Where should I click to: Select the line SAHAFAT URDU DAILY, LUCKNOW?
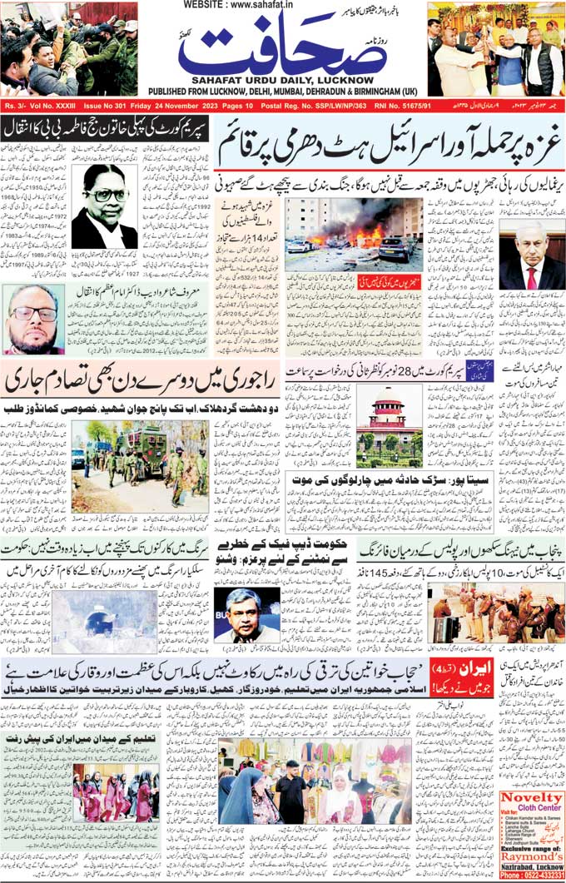coord(283,79)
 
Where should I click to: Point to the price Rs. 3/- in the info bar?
coord(17,107)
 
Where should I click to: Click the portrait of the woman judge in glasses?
coord(104,206)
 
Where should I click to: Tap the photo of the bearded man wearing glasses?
coord(33,320)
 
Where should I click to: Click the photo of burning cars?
coord(353,234)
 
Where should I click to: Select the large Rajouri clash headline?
coord(139,382)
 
